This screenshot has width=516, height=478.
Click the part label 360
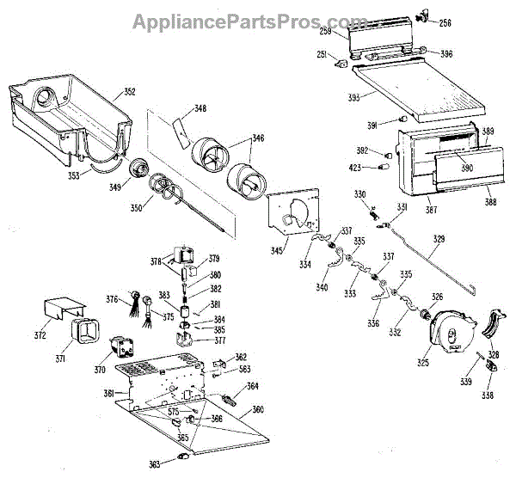(257, 410)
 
